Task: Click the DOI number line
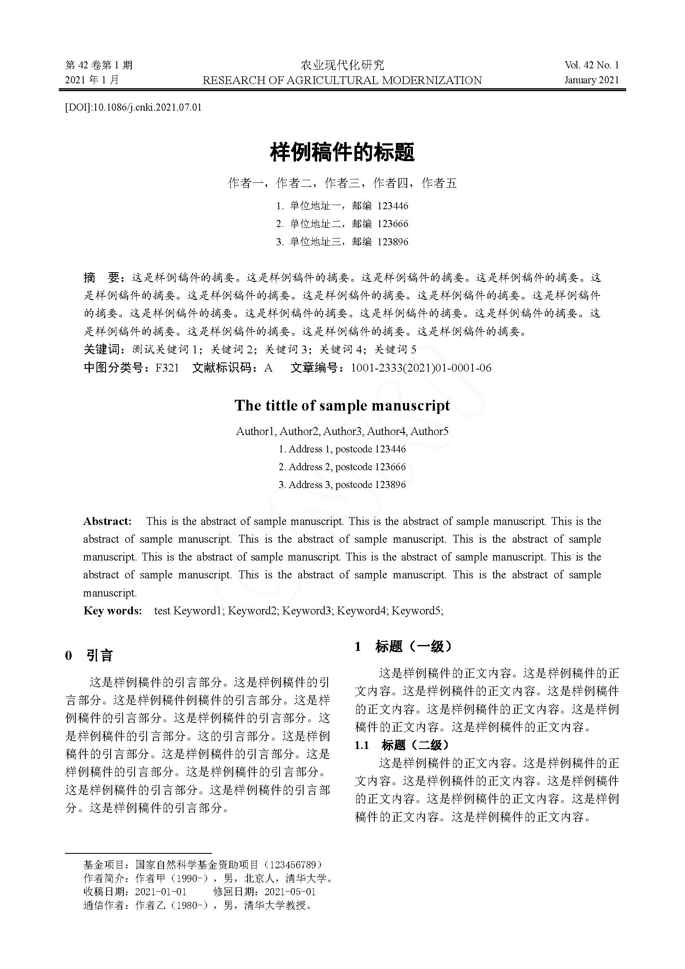click(133, 107)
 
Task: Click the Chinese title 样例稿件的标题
click(342, 152)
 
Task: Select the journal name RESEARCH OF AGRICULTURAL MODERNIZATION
click(342, 80)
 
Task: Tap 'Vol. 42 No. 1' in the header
click(591, 65)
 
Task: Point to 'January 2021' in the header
click(591, 80)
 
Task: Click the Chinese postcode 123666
click(392, 224)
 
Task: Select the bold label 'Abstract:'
click(108, 521)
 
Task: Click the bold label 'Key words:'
click(113, 611)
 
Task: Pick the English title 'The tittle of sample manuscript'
click(342, 406)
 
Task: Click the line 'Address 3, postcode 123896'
click(342, 485)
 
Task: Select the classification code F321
click(167, 368)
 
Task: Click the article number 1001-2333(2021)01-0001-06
click(421, 368)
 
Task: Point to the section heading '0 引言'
click(89, 655)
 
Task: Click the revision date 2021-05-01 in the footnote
click(290, 892)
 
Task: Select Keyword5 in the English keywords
click(417, 611)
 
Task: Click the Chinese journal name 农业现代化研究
click(342, 65)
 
